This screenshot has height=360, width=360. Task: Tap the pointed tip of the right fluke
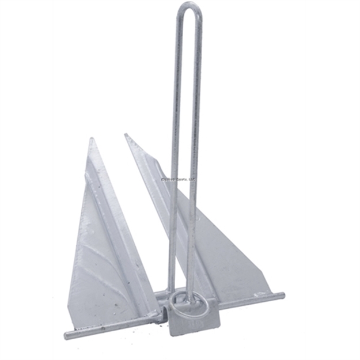[x=126, y=135]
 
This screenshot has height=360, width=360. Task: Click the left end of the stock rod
[x=66, y=335]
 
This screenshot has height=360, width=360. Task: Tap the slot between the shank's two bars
[x=184, y=115]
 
